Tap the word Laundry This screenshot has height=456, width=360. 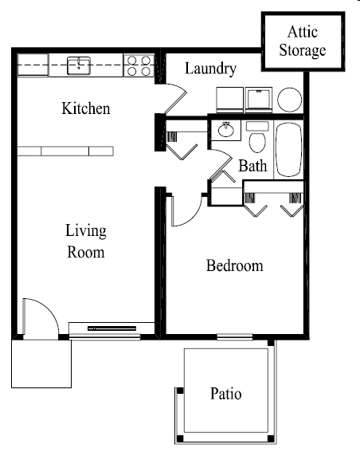coord(210,69)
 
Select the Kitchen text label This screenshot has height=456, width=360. coord(86,108)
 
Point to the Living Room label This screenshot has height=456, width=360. coord(85,242)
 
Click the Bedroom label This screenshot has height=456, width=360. coord(234,265)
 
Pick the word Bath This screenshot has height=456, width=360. coord(252,167)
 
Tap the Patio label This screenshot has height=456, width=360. coord(226,394)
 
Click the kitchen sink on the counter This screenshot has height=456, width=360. coord(79,65)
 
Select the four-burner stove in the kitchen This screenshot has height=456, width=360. coord(139,65)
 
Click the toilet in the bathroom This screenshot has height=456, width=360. coord(257,140)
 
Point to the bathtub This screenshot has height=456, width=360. coord(288,149)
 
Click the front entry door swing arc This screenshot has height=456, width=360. coord(40,317)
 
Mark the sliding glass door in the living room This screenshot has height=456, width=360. coord(112,328)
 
